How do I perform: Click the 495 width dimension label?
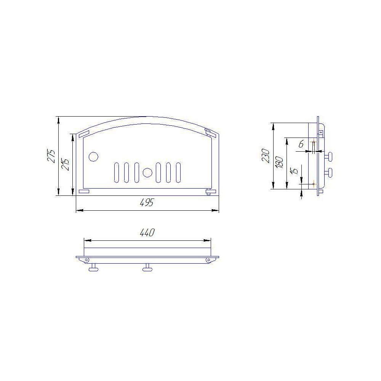pos(147,202)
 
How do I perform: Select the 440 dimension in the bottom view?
pos(147,232)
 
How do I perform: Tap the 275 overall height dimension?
pos(51,156)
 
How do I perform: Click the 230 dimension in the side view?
pos(266,156)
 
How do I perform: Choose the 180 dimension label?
pos(279,162)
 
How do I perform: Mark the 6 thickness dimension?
pos(301,144)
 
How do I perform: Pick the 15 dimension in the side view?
pos(294,171)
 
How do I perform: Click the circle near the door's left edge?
pos(93,157)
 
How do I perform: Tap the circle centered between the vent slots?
pos(147,173)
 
